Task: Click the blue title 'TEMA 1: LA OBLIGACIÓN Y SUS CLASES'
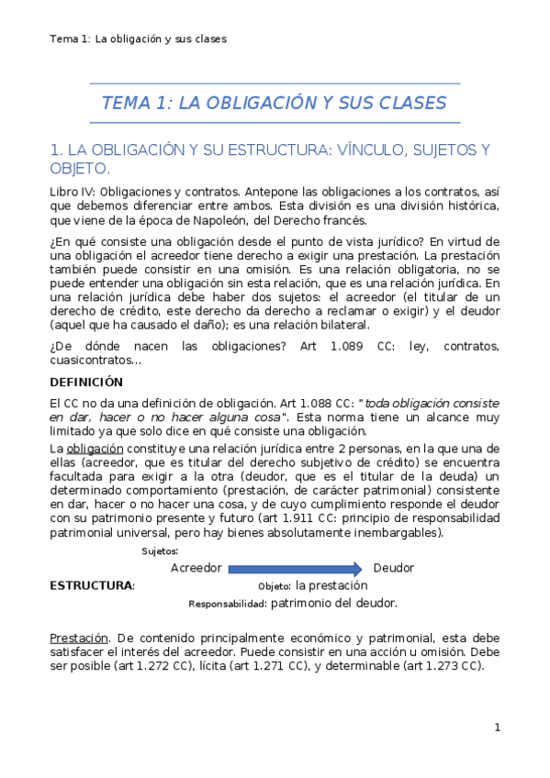coord(274,103)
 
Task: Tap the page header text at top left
coord(139,39)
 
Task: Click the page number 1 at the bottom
coord(497,728)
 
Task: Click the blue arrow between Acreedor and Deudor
coord(295,568)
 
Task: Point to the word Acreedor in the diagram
coord(196,568)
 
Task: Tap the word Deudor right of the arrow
coord(394,568)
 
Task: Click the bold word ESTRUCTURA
coord(91,585)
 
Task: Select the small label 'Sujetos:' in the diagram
coord(161,550)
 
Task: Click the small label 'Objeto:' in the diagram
coord(274,586)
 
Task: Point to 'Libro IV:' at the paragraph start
coord(72,191)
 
